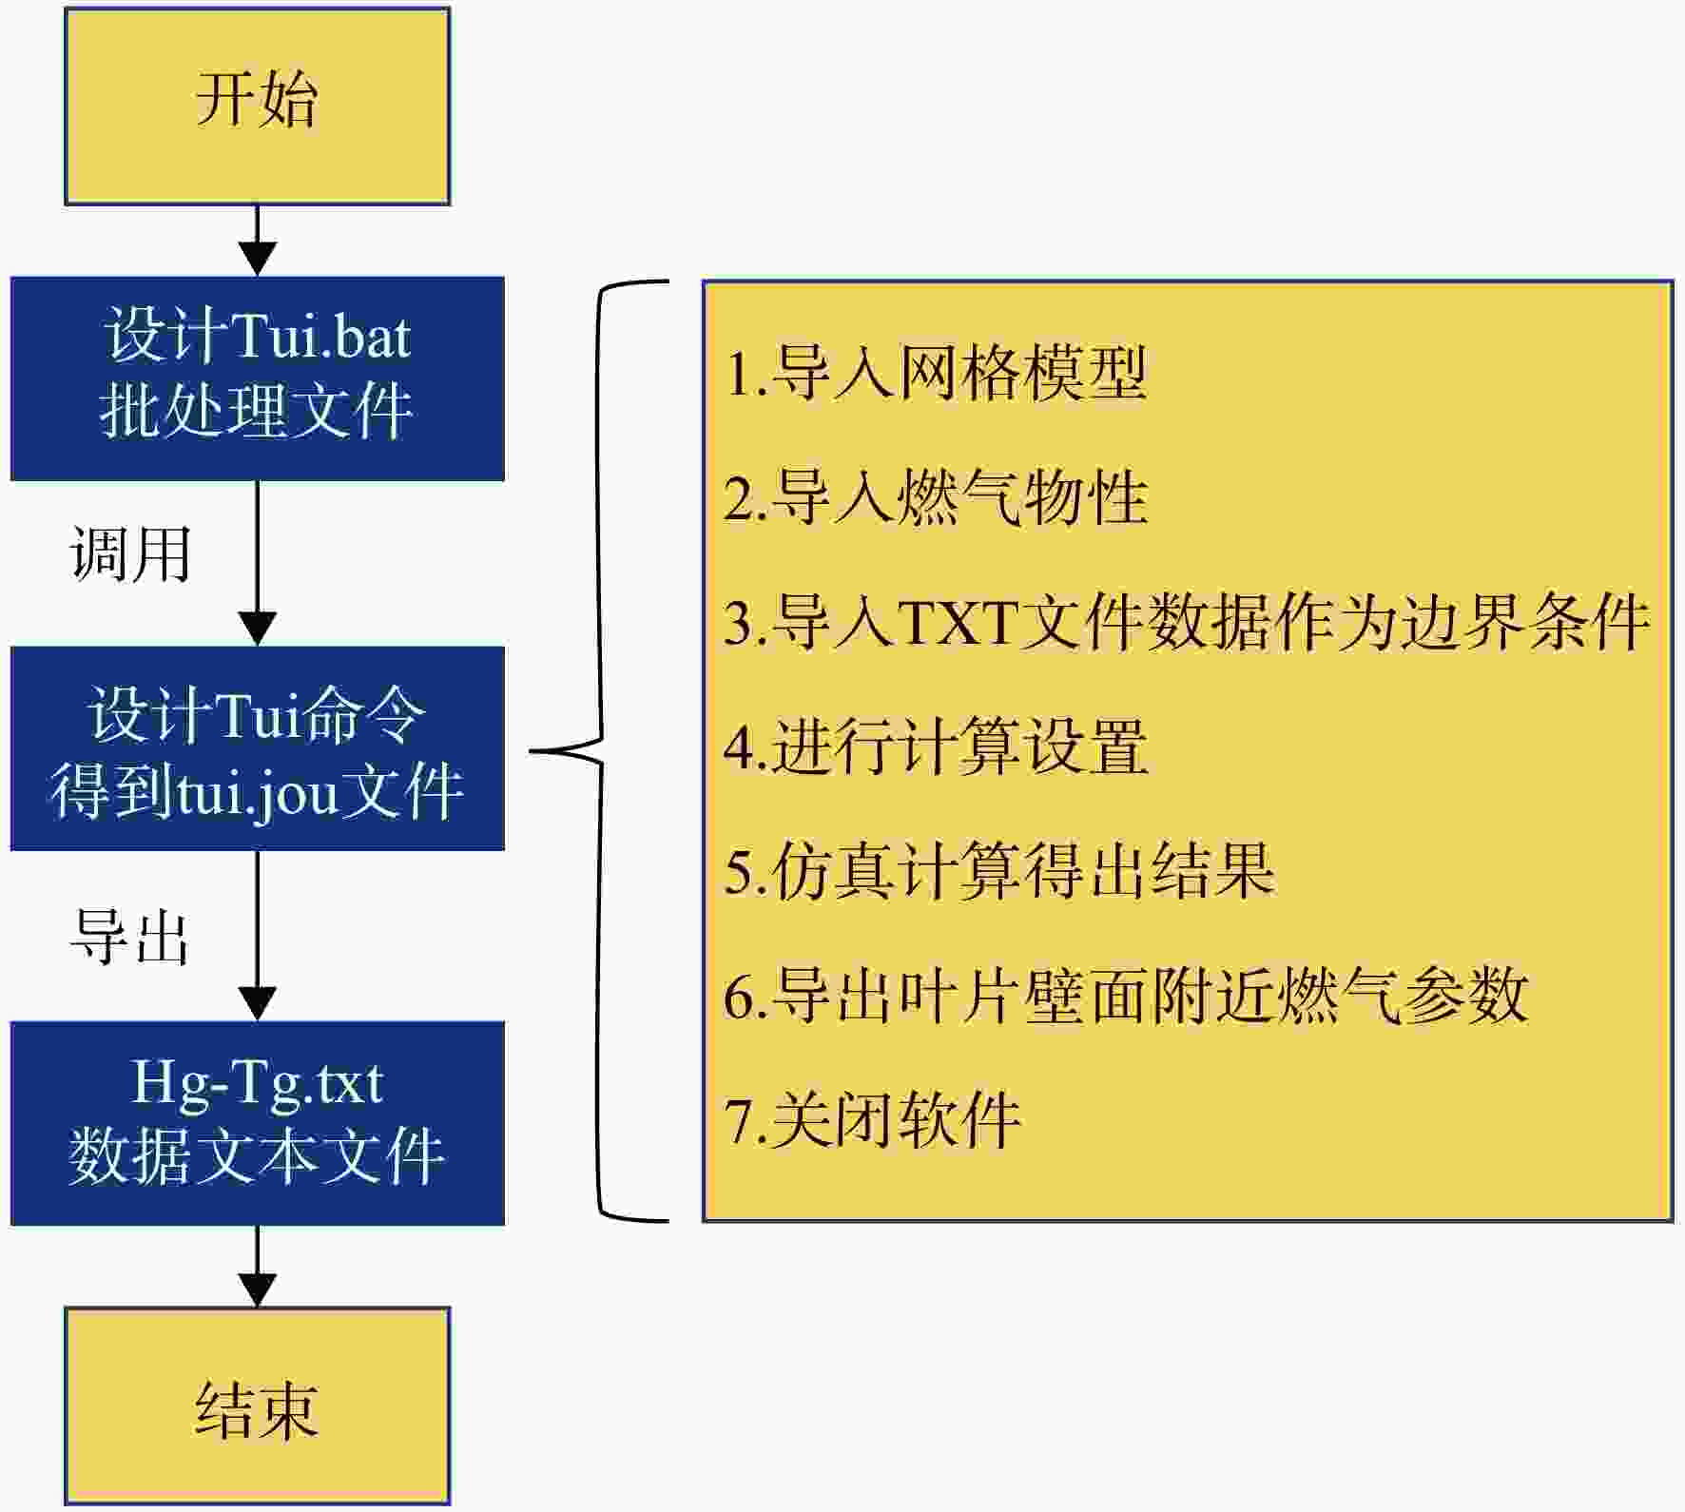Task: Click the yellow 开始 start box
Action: pos(257,106)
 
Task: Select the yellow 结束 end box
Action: pos(257,1405)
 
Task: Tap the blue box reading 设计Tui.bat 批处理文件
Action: pos(257,378)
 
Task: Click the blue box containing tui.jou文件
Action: pos(257,748)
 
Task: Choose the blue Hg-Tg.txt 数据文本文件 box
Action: pos(257,1123)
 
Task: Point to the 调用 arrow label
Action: pos(130,553)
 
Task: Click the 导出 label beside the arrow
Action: pos(130,938)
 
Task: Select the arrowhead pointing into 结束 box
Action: pos(257,1289)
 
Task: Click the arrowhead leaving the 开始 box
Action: pos(257,260)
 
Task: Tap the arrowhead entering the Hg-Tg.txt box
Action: pos(257,1004)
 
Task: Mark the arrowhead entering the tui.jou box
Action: pos(257,630)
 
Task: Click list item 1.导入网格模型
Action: pos(935,372)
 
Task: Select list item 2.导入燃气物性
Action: pos(935,496)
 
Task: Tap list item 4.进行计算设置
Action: pos(935,746)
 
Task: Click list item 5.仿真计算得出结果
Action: pos(998,870)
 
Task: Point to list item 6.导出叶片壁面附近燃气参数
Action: pos(1125,995)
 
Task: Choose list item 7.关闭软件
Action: pos(872,1119)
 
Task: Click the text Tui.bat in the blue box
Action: pos(320,337)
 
